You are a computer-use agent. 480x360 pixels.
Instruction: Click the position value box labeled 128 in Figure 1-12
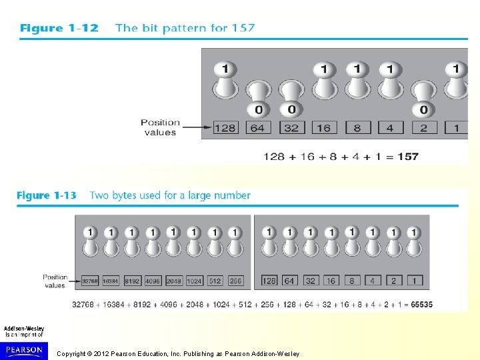[225, 127]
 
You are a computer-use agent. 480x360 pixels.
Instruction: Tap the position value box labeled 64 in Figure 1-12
[257, 127]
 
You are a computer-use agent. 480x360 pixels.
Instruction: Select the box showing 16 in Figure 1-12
[323, 127]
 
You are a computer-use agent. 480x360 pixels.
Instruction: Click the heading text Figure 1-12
[59, 28]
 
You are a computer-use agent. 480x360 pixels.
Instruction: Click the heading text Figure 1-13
[47, 195]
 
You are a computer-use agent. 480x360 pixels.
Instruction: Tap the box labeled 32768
[90, 281]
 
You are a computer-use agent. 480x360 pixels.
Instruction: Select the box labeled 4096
[153, 281]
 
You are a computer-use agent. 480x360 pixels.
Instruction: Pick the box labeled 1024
[194, 281]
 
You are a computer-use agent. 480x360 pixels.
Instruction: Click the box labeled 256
[235, 281]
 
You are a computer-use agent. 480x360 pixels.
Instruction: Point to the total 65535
[421, 305]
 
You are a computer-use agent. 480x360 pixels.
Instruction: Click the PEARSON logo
[24, 350]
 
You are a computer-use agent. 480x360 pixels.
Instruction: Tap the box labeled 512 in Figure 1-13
[215, 281]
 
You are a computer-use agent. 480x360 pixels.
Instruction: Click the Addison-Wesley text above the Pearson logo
[24, 329]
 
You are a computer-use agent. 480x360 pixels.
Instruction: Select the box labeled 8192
[132, 281]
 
